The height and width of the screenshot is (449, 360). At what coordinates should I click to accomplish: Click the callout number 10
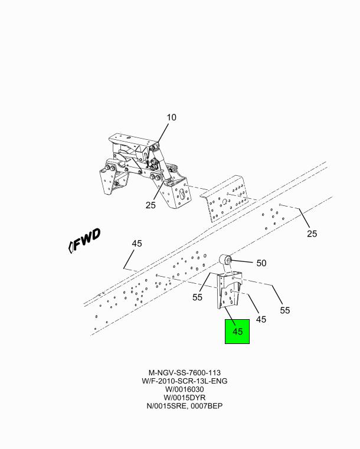(x=172, y=117)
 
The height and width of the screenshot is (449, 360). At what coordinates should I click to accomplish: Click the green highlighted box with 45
(x=237, y=332)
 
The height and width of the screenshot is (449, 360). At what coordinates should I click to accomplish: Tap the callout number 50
(x=261, y=263)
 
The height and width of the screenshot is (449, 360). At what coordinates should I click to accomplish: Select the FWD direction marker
(x=85, y=241)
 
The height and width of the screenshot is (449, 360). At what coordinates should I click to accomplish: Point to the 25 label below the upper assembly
(x=150, y=205)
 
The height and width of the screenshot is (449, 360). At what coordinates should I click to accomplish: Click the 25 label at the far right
(x=312, y=234)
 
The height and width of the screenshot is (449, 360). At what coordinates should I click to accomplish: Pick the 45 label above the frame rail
(x=137, y=244)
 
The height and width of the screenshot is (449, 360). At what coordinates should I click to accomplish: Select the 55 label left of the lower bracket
(x=197, y=297)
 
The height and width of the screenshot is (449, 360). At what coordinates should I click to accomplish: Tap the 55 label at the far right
(x=284, y=310)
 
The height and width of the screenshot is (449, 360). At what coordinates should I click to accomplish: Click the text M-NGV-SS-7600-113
(x=185, y=373)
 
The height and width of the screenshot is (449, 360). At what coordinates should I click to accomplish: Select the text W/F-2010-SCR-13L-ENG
(x=185, y=381)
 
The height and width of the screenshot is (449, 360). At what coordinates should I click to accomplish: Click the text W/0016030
(x=185, y=389)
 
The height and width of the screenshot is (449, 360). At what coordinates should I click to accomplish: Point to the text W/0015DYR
(x=185, y=398)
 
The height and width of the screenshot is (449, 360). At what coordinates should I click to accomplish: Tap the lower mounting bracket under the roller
(x=229, y=290)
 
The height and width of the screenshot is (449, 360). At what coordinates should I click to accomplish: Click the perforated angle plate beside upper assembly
(x=224, y=199)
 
